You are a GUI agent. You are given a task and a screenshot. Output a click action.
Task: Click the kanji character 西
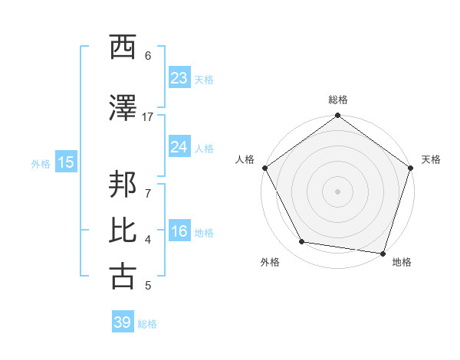point(123,48)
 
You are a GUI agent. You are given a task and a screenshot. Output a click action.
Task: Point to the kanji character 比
point(123,231)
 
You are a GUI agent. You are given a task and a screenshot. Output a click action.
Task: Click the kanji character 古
point(123,277)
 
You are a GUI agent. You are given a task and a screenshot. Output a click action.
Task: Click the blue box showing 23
point(179,78)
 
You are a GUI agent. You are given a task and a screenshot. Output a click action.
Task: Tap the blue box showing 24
point(179,147)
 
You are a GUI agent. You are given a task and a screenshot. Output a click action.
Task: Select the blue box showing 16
point(179,232)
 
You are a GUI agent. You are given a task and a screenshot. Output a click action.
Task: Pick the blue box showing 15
point(65,162)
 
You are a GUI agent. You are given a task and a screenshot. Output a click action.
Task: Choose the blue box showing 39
point(122,322)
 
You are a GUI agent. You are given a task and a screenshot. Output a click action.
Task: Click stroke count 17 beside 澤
point(148,116)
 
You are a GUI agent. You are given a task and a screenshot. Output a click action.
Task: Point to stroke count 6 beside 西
point(148,56)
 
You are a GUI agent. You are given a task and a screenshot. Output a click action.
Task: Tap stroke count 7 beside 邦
point(148,193)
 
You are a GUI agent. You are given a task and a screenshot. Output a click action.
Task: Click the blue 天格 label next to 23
point(204,79)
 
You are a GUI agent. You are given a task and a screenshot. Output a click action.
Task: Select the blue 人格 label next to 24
point(204,148)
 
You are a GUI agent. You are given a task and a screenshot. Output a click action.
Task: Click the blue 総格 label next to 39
point(147,323)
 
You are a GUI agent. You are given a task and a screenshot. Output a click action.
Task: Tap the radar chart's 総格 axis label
point(338,100)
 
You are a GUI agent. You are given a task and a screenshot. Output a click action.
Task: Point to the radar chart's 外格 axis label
point(270,262)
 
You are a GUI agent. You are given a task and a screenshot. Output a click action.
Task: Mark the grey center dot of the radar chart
point(338,191)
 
